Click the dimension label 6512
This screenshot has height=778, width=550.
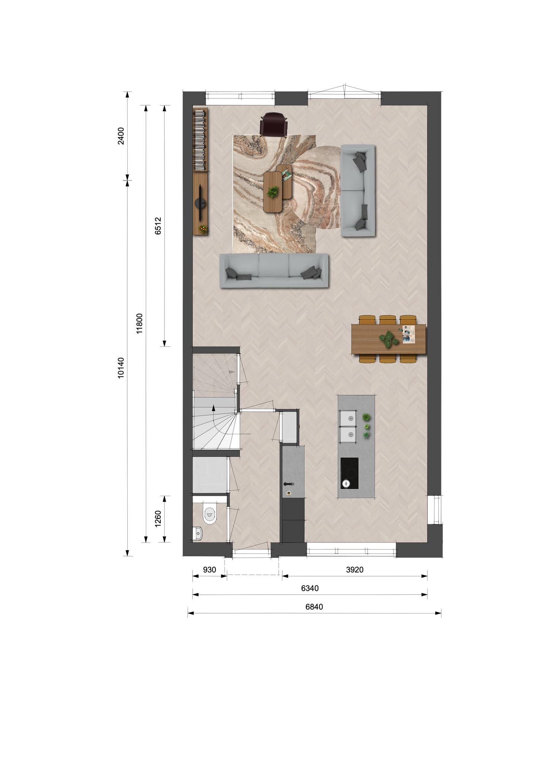(158, 226)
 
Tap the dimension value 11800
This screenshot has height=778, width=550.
(139, 323)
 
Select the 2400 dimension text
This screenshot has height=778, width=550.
(121, 136)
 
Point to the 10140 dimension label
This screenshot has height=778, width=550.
(121, 368)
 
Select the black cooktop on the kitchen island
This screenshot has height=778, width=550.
(349, 473)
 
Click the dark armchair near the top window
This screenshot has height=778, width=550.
(273, 124)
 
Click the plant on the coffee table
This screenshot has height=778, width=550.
(272, 192)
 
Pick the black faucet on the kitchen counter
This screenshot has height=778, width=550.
(289, 484)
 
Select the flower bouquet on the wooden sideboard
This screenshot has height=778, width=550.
(202, 228)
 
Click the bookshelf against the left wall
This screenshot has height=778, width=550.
(200, 140)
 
